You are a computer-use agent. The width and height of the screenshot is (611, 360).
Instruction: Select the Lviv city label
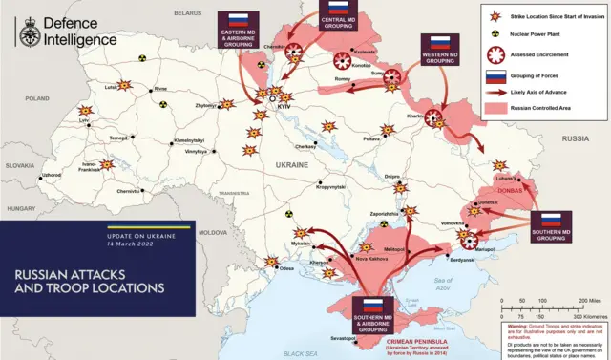coord(85,122)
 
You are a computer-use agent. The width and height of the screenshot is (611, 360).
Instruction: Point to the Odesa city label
coord(286,268)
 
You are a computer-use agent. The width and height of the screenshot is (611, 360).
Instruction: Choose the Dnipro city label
coord(391,177)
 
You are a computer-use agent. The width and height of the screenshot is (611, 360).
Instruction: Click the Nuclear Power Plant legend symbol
coord(495,36)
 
